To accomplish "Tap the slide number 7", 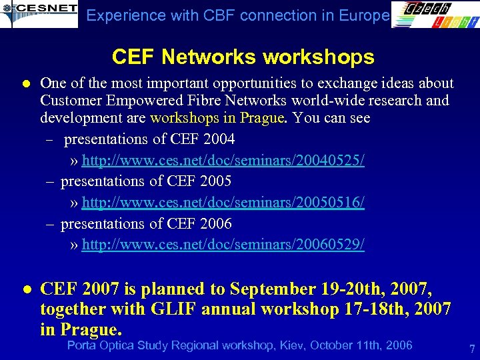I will [x=471, y=349].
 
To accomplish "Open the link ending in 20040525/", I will [x=223, y=161].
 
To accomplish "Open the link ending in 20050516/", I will [x=223, y=203].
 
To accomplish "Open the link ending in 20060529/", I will [x=223, y=245].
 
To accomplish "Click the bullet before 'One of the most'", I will [x=26, y=84].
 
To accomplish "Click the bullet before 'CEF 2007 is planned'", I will [x=26, y=289].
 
